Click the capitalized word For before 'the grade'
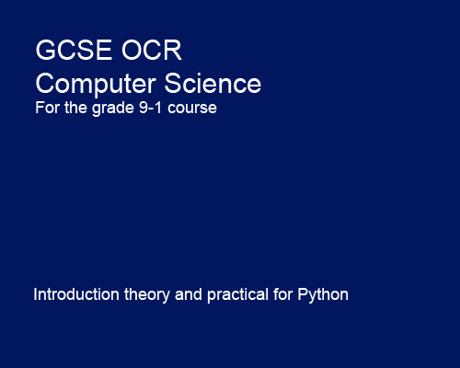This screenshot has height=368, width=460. click(46, 109)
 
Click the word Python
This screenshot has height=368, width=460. click(323, 295)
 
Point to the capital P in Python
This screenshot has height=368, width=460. click(303, 295)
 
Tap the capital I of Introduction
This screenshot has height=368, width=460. click(36, 295)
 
